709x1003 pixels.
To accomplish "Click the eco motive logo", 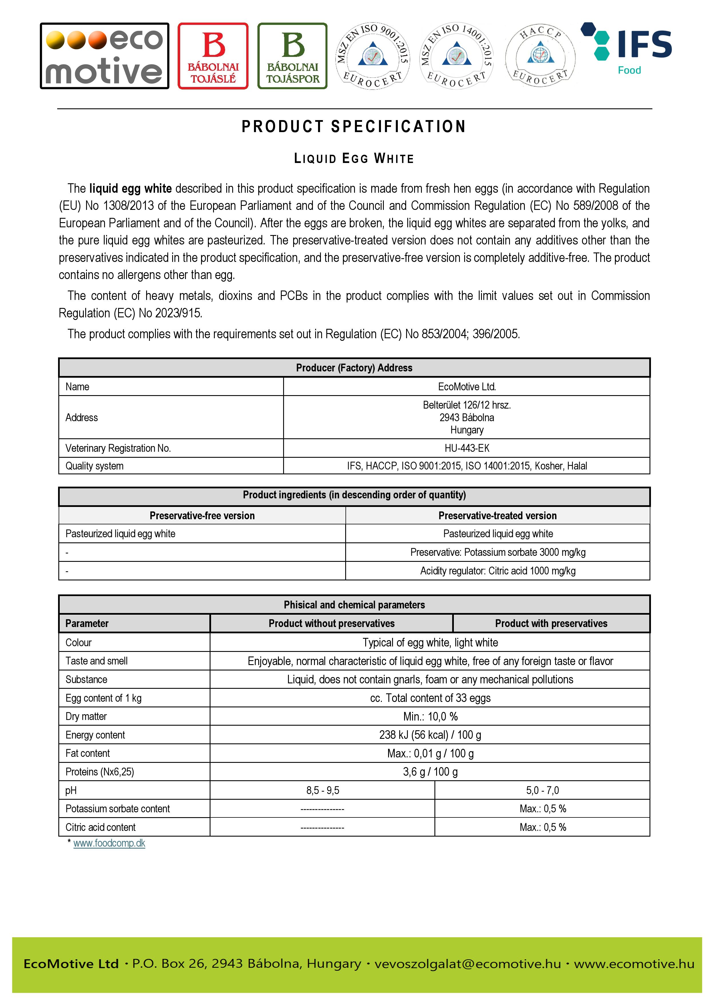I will point(104,56).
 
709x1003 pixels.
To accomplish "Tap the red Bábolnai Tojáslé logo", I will point(213,56).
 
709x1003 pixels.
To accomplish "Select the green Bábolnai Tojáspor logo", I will point(293,56).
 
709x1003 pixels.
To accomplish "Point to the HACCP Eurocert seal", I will point(540,55).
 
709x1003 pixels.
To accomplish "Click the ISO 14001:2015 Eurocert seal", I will point(456,55).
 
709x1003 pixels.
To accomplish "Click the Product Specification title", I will point(354,127).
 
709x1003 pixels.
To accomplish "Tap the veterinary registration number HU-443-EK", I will point(466,448).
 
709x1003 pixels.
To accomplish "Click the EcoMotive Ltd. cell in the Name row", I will point(466,387).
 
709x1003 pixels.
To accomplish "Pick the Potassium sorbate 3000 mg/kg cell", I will point(498,552).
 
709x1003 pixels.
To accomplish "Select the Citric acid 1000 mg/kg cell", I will point(498,571).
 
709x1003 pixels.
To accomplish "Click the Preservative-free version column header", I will point(202,516).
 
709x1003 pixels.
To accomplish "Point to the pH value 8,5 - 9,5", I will point(322,790).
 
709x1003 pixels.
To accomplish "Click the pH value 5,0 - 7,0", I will point(542,790).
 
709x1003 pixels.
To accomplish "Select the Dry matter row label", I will point(86,717).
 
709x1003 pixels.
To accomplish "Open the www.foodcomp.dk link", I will point(109,843).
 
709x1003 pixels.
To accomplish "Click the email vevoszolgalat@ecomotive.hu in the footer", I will point(467,964).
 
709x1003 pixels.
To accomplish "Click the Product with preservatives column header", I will point(551,623).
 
